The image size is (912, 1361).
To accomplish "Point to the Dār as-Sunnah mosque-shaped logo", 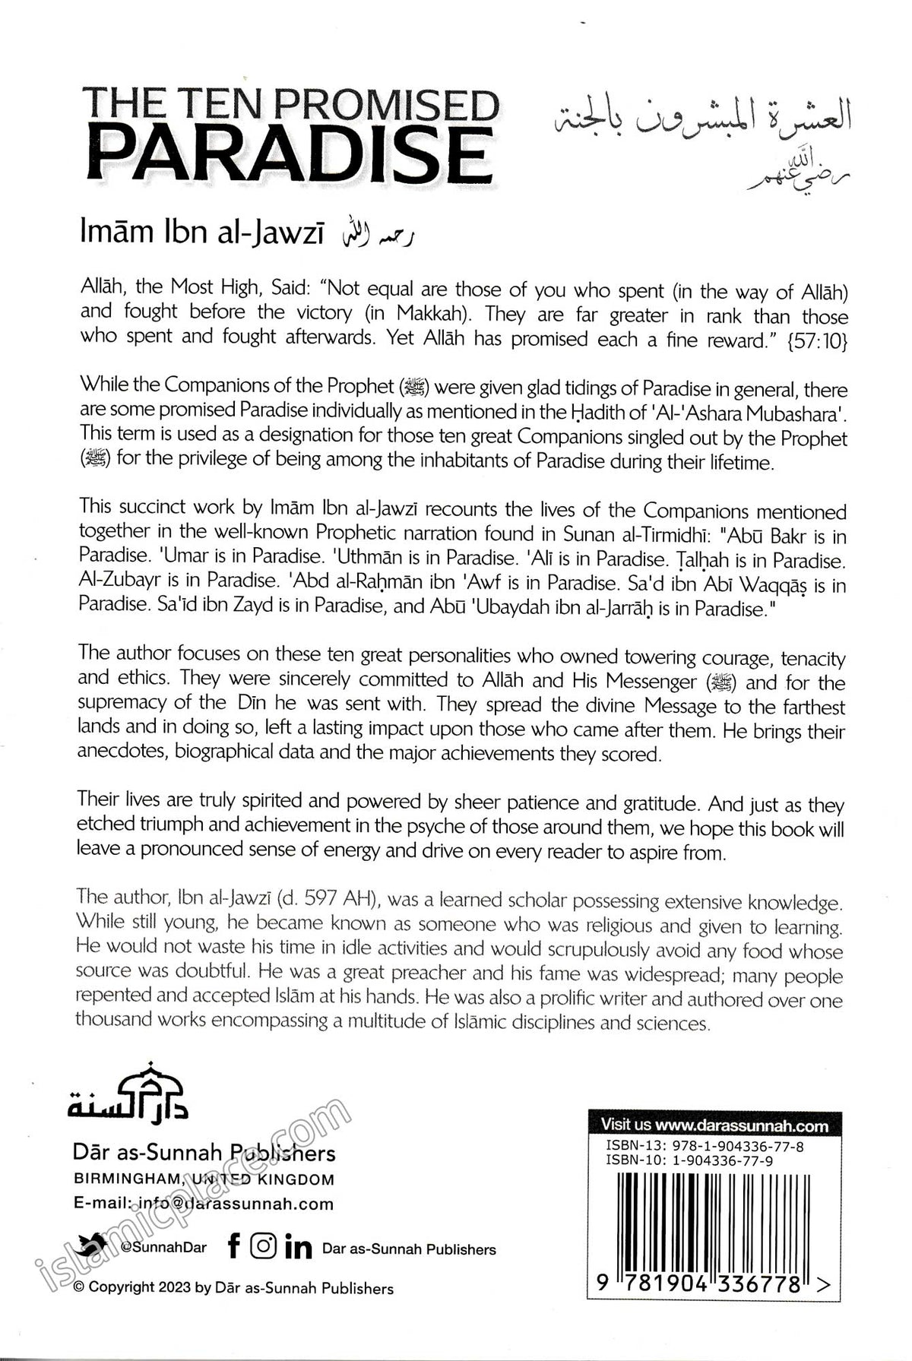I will (x=128, y=1092).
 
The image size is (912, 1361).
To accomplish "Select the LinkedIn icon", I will (x=298, y=1247).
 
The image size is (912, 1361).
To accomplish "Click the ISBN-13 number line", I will (x=705, y=1146).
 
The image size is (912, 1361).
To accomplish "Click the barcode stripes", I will (x=712, y=1218).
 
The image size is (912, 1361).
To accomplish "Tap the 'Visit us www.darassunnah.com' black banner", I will (x=714, y=1125).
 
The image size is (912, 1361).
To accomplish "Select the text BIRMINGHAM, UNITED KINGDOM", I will (x=203, y=1179).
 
